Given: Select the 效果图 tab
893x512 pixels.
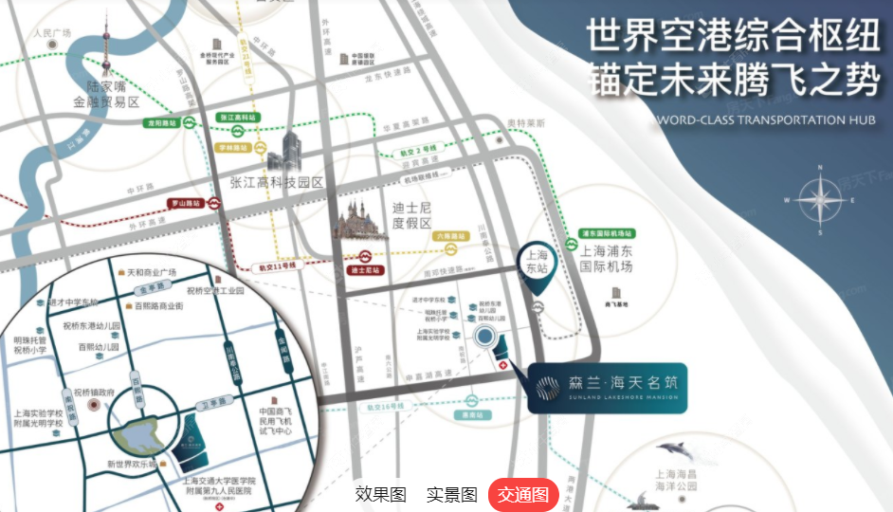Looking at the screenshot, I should (x=380, y=494).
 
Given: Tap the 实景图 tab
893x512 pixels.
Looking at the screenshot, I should (x=451, y=494).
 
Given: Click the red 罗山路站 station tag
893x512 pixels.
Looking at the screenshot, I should (x=187, y=203).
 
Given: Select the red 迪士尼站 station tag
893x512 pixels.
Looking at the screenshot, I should (x=365, y=270).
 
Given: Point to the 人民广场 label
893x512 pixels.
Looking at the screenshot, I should (x=53, y=33).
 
